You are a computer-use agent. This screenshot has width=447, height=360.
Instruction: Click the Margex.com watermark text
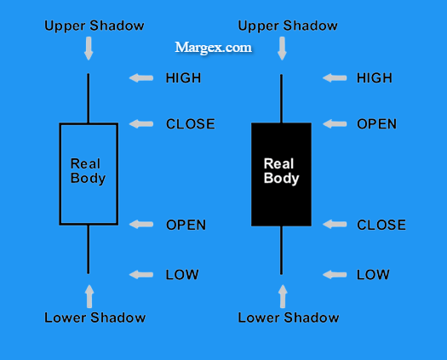click(213, 48)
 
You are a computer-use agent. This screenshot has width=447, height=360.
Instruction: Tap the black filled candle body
click(281, 174)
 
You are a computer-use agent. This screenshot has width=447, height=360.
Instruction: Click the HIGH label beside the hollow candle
click(183, 78)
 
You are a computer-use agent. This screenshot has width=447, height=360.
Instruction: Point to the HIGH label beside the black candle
click(375, 78)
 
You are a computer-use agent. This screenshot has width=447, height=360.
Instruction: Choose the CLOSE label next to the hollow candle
click(191, 124)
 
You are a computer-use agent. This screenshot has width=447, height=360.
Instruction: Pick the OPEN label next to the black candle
click(376, 124)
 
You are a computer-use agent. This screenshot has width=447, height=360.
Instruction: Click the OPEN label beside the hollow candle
click(186, 225)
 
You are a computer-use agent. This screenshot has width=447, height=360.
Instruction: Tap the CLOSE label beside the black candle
click(381, 225)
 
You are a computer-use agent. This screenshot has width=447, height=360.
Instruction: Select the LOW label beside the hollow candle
click(182, 275)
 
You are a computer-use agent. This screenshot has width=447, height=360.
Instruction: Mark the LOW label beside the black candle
click(373, 275)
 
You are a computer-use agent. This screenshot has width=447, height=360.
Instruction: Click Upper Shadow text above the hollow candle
click(95, 26)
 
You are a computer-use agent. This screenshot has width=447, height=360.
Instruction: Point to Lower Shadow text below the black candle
click(289, 317)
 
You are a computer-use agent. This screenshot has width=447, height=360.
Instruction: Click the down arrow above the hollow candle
click(89, 49)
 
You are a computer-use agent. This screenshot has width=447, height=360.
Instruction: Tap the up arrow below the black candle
click(283, 296)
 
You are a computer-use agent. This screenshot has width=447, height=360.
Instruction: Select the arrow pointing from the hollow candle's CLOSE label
click(141, 124)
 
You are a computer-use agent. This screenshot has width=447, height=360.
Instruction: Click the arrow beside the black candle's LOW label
click(335, 275)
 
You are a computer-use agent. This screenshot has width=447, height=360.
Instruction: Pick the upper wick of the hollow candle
click(89, 99)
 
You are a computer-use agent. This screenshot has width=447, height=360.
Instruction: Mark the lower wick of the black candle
click(281, 250)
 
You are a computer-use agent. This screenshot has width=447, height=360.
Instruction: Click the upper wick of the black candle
click(281, 99)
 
